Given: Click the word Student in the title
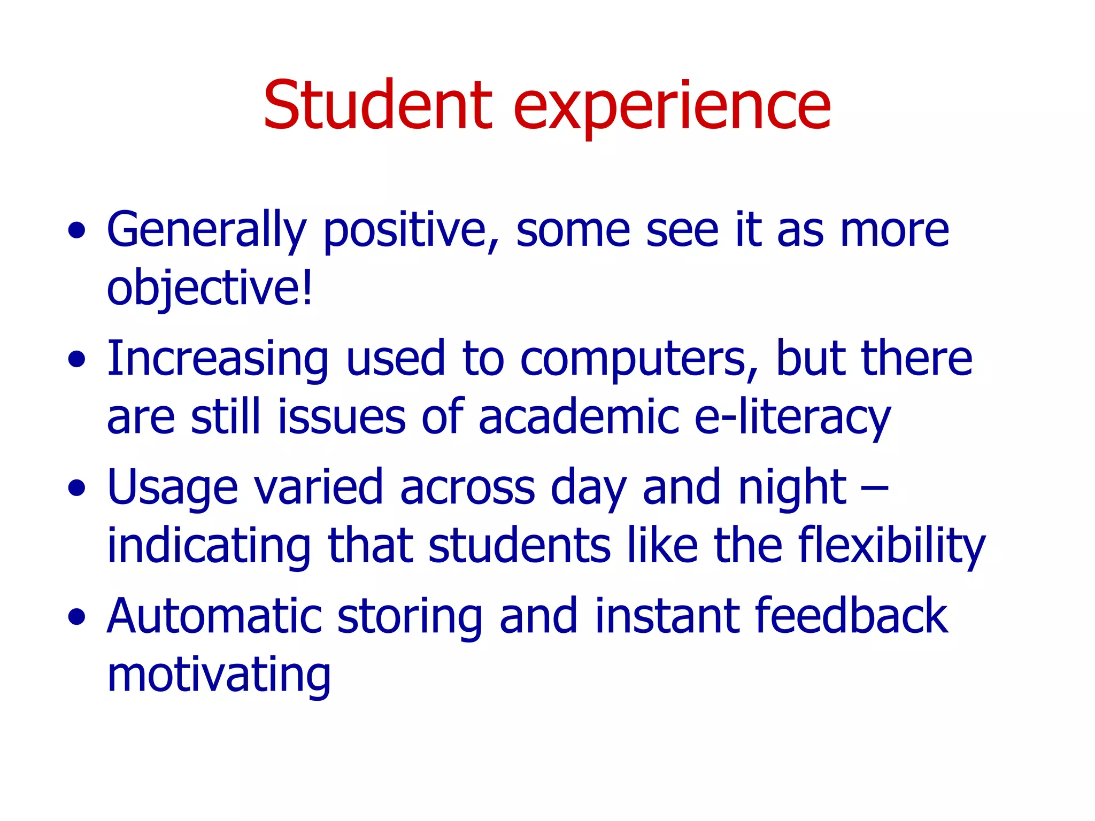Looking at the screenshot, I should coord(377,105).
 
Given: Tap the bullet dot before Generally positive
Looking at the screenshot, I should coord(77,231).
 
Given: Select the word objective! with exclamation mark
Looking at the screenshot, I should coord(210,289).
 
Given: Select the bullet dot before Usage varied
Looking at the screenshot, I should coord(77,488).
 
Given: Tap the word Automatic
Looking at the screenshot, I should coord(214,617).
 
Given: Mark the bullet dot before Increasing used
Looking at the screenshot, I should coord(77,360).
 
